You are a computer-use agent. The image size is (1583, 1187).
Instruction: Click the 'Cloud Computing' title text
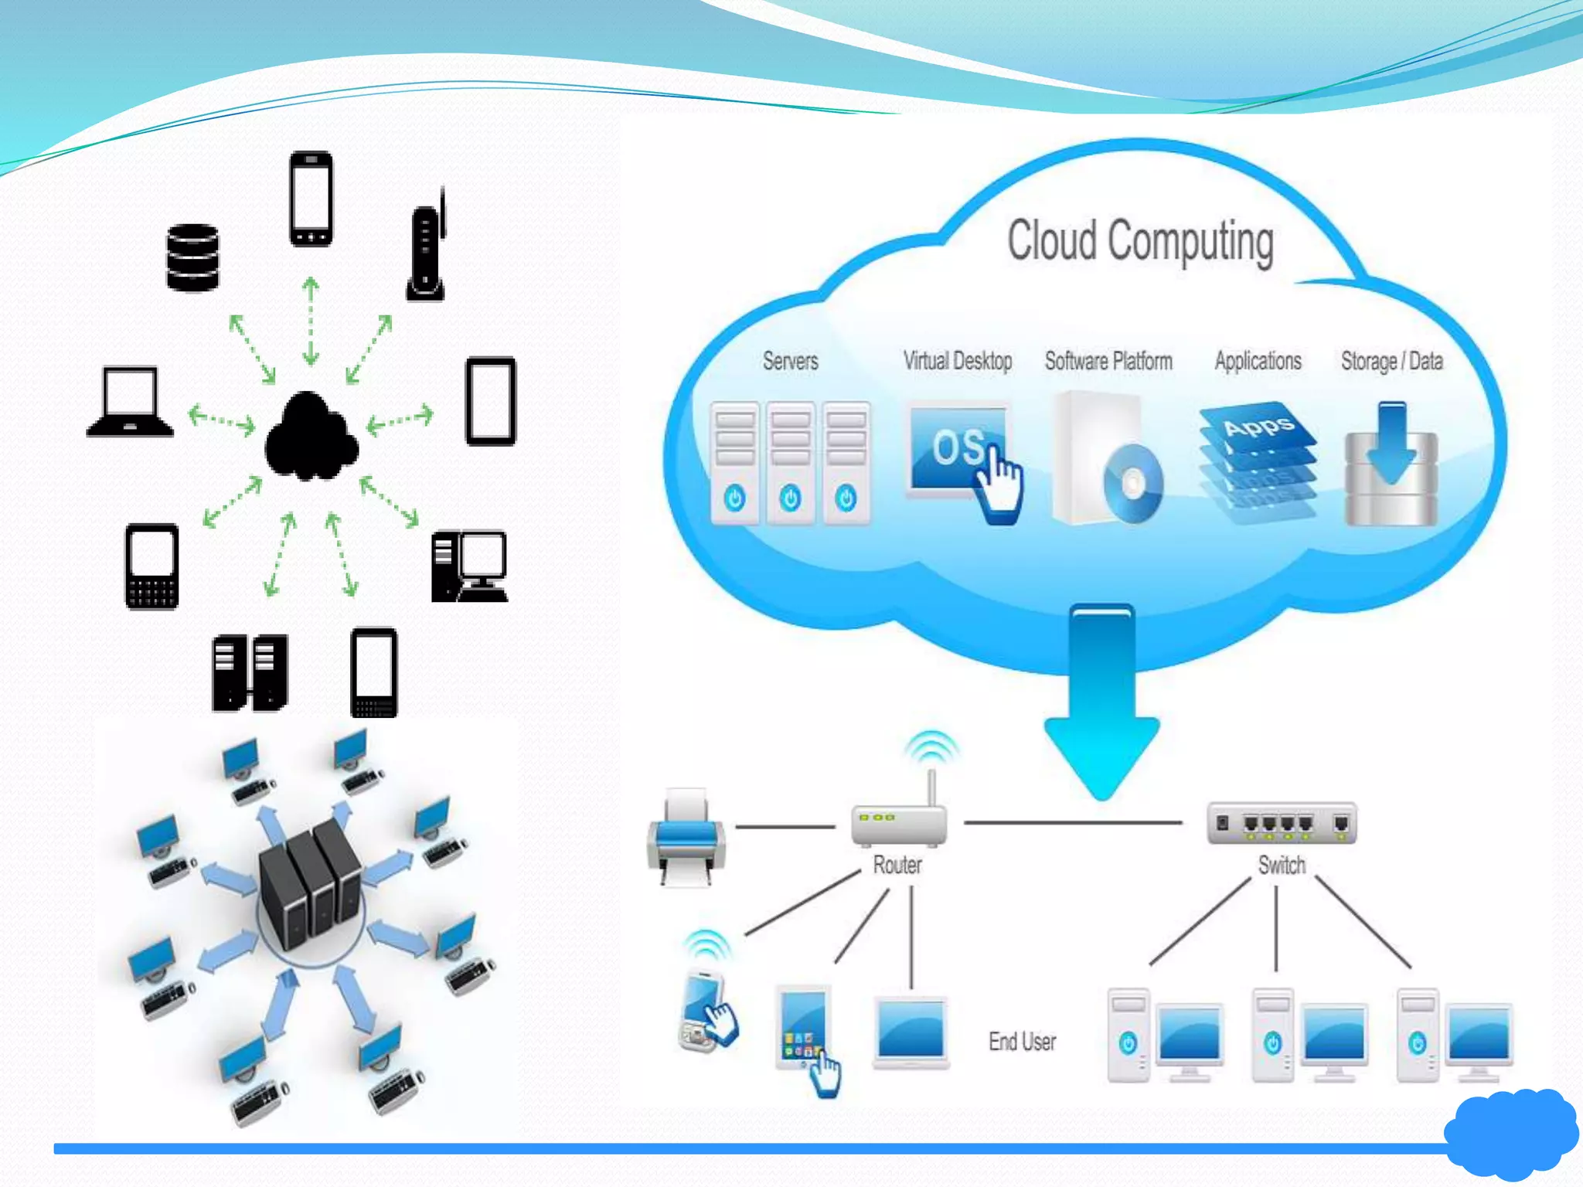pyautogui.click(x=1140, y=242)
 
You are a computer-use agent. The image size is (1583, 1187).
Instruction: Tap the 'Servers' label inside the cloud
pyautogui.click(x=790, y=361)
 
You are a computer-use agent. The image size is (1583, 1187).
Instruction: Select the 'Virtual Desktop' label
pyautogui.click(x=958, y=361)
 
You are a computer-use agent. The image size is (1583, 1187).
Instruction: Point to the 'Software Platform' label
pyautogui.click(x=1108, y=361)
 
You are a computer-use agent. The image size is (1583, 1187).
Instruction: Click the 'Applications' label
pyautogui.click(x=1258, y=361)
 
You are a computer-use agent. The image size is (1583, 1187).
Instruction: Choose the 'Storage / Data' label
pyautogui.click(x=1391, y=361)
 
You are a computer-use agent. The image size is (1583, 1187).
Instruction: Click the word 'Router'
pyautogui.click(x=897, y=865)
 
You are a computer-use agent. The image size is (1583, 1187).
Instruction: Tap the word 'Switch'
pyautogui.click(x=1282, y=865)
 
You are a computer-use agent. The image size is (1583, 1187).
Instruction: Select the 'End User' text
pyautogui.click(x=1022, y=1042)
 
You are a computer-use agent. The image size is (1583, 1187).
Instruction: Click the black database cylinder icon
pyautogui.click(x=192, y=258)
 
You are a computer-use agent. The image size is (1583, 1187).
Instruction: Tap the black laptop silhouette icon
pyautogui.click(x=130, y=403)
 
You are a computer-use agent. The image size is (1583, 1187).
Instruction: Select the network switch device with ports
pyautogui.click(x=1282, y=823)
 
